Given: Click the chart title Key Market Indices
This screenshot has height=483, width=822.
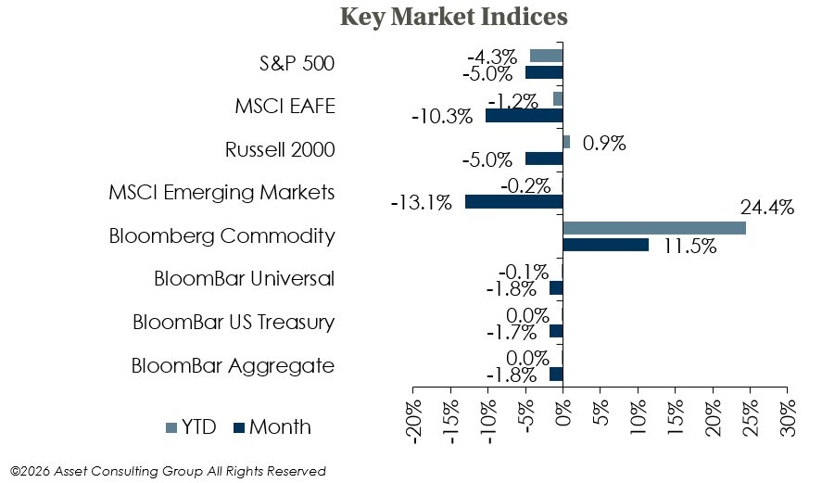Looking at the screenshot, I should click(454, 17).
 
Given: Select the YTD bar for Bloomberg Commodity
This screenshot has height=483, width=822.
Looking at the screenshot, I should click(653, 228).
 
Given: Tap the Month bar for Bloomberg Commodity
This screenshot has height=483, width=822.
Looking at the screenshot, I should click(605, 245).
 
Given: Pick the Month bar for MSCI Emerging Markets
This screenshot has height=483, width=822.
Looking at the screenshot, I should click(513, 201).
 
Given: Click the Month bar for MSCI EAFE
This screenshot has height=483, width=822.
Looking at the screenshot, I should click(524, 115).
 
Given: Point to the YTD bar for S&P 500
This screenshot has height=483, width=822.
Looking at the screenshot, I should click(546, 56).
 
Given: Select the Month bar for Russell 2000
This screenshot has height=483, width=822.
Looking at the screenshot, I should click(544, 159).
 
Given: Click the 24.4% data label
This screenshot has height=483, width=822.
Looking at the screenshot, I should click(766, 208).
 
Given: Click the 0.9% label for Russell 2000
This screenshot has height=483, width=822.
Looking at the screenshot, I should click(604, 144).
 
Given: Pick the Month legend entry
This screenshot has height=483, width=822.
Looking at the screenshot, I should click(272, 427).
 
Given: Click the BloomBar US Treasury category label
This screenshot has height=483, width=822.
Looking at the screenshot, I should click(233, 323).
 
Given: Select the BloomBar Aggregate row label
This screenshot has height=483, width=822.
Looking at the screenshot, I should click(233, 365).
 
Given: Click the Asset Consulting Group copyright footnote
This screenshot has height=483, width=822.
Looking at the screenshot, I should click(168, 471).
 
